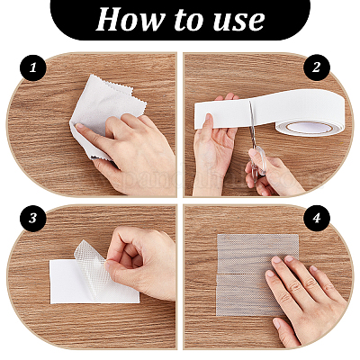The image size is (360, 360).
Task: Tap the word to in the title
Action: click(x=183, y=19)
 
